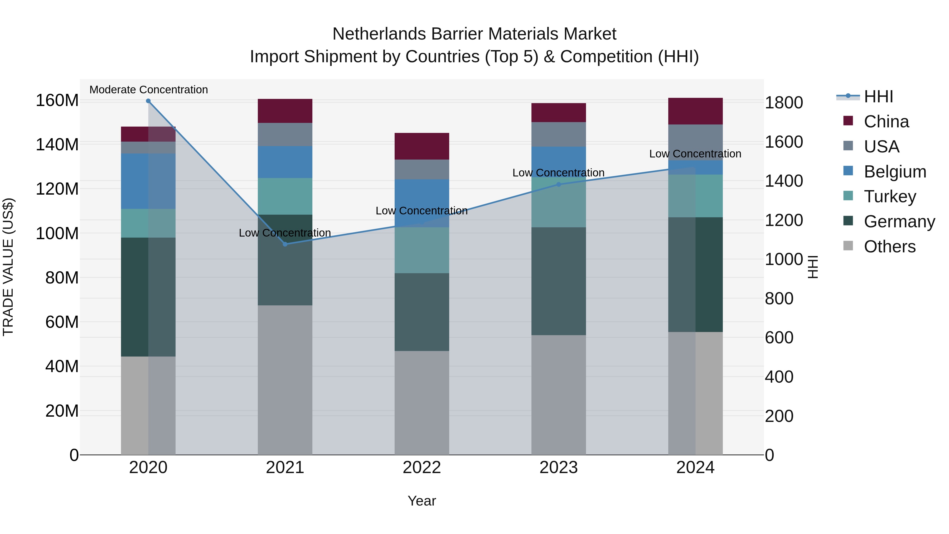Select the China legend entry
click(886, 122)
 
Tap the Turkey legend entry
click(890, 196)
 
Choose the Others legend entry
click(889, 247)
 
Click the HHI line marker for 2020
click(148, 101)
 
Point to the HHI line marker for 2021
click(285, 244)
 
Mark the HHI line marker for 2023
click(559, 184)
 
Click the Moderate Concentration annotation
click(148, 90)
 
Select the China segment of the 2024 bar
click(695, 111)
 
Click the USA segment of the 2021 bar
click(285, 134)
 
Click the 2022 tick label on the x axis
click(422, 468)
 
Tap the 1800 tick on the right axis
click(784, 103)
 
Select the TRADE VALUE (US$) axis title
click(8, 267)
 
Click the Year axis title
click(422, 501)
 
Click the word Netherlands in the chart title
click(379, 34)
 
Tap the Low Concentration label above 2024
click(695, 154)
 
